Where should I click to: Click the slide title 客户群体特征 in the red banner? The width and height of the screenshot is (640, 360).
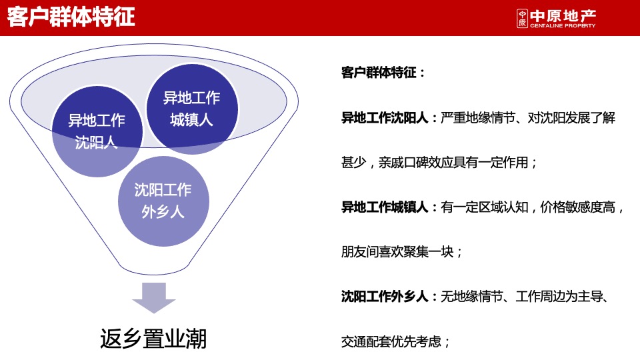71,17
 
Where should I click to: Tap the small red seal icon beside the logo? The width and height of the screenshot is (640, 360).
521,19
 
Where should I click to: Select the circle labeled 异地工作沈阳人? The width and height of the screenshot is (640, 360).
97,131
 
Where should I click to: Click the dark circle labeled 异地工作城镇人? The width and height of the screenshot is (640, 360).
191,109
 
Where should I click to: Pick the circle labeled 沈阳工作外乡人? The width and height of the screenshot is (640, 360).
163,201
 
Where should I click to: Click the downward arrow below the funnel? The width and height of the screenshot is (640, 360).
154,297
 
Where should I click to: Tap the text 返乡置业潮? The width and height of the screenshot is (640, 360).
153,339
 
